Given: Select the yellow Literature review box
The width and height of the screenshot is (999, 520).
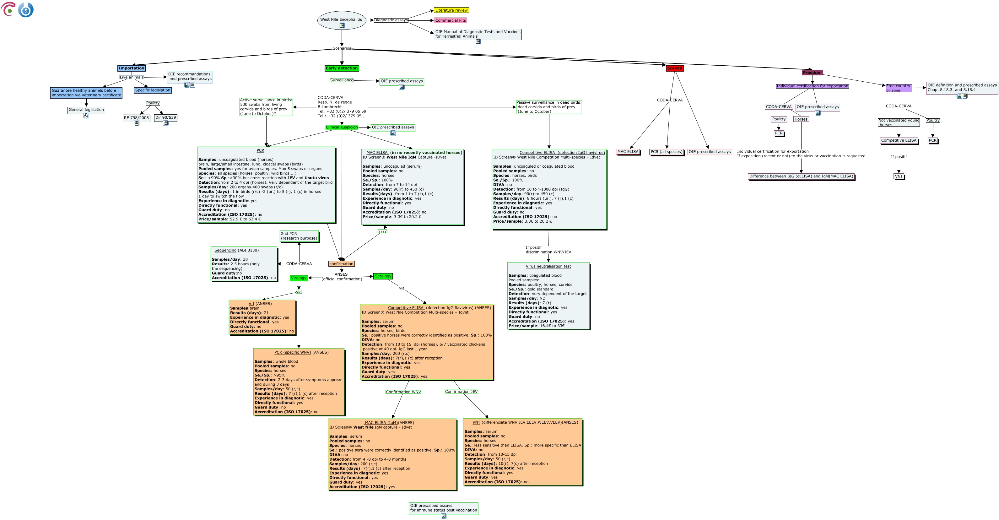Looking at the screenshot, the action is [451, 10].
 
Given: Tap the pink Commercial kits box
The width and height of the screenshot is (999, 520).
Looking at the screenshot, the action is [451, 20].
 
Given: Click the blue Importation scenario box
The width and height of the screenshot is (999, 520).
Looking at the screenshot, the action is [132, 68].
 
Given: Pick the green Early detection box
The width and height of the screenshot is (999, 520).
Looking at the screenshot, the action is [342, 68].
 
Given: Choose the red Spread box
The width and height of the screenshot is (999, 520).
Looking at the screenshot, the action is [675, 68].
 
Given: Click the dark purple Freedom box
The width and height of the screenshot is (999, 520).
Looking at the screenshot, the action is [812, 73].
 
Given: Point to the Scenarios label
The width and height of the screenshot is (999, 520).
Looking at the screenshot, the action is [342, 48].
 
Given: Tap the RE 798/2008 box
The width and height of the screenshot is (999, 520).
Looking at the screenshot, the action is [137, 118].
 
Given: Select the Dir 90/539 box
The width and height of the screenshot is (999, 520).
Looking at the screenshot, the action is [165, 117].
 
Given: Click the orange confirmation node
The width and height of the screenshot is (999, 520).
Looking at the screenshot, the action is [341, 264].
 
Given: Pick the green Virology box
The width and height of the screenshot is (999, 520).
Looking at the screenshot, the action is [299, 278].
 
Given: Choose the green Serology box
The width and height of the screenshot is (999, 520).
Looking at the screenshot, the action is [383, 276].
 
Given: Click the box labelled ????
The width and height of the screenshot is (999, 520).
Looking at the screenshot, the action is [382, 231].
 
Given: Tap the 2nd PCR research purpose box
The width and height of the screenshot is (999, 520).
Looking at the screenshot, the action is [299, 236].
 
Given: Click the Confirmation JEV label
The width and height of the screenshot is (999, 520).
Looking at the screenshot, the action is [462, 392].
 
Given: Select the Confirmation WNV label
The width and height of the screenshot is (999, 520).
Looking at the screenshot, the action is [403, 392].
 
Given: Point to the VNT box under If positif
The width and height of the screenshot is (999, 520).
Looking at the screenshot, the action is [899, 176].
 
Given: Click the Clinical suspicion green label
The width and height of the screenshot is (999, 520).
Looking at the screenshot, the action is [342, 127].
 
